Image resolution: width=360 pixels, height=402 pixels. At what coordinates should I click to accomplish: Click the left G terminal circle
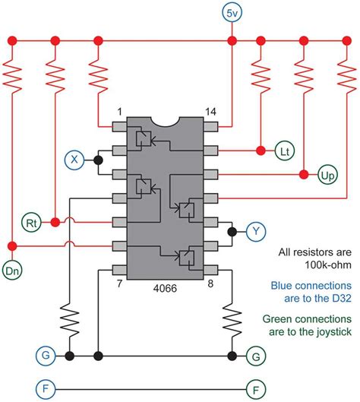pyautogui.click(x=46, y=355)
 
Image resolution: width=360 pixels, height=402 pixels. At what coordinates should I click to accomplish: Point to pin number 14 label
pyautogui.click(x=211, y=112)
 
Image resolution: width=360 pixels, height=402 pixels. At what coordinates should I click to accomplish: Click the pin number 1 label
pyautogui.click(x=119, y=112)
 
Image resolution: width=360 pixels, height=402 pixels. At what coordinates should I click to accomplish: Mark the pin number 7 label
pyautogui.click(x=120, y=284)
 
